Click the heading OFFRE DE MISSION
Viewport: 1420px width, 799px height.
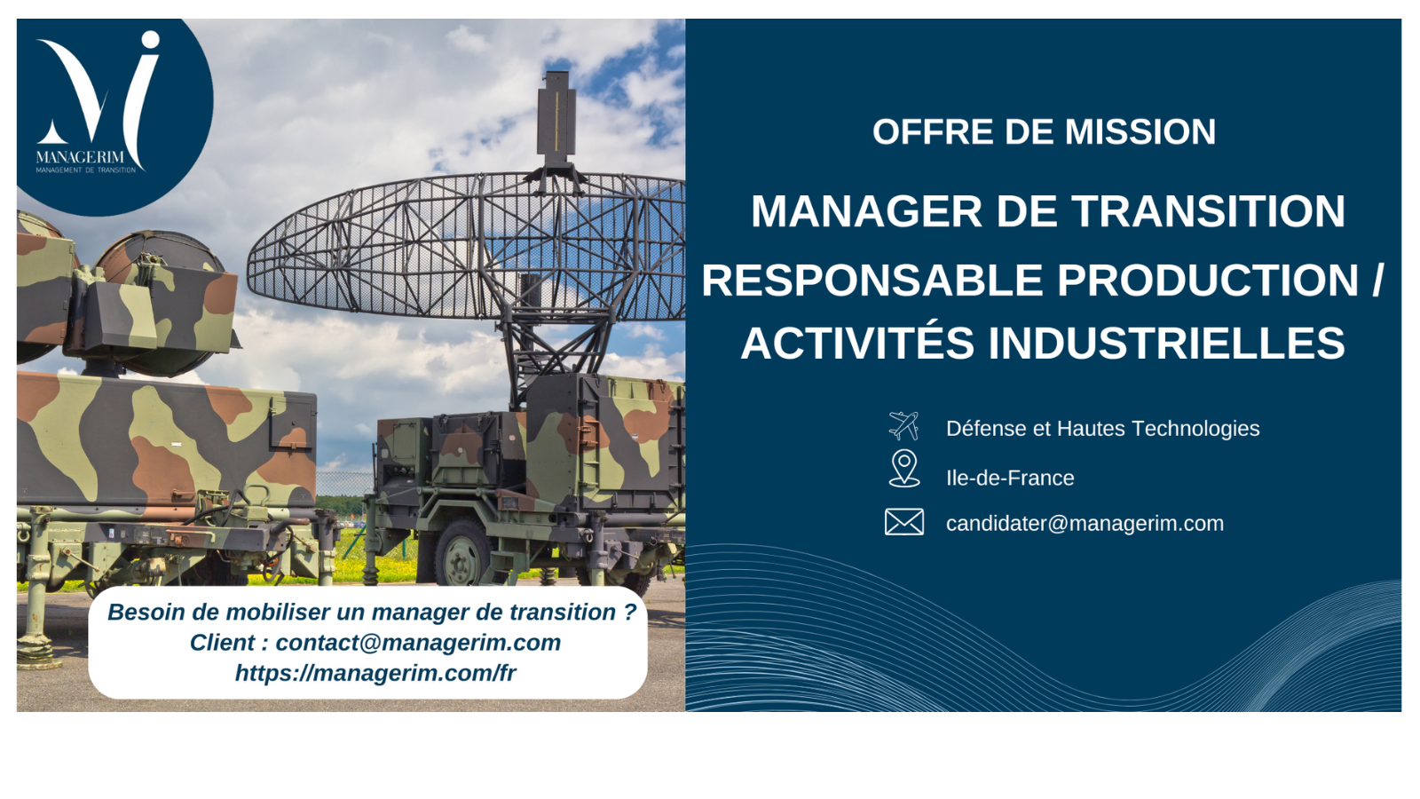coord(1044,132)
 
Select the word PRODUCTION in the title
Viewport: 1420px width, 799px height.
coord(1208,281)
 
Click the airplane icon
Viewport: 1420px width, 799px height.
coord(904,425)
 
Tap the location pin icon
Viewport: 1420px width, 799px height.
coord(904,469)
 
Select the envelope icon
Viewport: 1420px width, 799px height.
coord(904,522)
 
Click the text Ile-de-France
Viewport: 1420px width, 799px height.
coord(1010,479)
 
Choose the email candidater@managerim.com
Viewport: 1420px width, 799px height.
coord(1085,524)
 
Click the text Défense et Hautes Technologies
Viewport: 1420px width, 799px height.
coord(1102,429)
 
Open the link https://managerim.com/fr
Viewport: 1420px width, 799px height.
coord(375,673)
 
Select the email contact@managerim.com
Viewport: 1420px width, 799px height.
coord(418,643)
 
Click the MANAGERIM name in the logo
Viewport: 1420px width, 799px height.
coord(80,157)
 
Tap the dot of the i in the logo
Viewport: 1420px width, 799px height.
coord(150,39)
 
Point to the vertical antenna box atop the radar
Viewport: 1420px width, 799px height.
coord(556,115)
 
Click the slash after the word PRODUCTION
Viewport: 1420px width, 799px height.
coord(1377,281)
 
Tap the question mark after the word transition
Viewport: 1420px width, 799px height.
coord(629,612)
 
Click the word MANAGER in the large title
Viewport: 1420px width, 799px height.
coord(866,211)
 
